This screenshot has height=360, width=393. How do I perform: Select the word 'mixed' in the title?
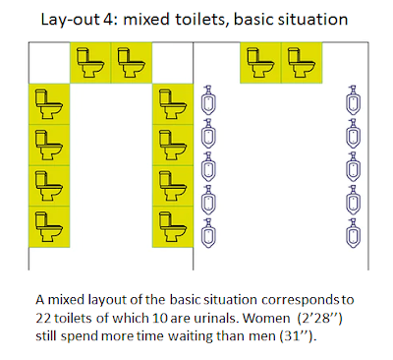(146, 20)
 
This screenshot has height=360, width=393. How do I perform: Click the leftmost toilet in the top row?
(90, 63)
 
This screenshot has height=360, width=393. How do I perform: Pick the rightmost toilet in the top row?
(302, 63)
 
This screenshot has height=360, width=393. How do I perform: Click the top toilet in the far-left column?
(49, 104)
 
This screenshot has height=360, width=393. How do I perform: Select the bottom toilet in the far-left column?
(49, 227)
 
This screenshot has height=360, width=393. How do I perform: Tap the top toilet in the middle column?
(173, 104)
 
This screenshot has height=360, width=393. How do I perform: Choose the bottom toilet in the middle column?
(173, 227)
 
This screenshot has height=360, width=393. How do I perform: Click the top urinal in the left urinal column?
(208, 100)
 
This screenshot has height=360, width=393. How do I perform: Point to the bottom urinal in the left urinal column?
(208, 233)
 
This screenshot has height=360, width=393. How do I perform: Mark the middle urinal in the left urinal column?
(208, 166)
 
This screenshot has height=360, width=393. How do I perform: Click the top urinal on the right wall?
(353, 100)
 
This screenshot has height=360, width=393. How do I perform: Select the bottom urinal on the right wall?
(353, 233)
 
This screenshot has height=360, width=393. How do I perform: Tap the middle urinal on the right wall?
(353, 166)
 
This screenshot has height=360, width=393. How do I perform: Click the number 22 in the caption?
(43, 318)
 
